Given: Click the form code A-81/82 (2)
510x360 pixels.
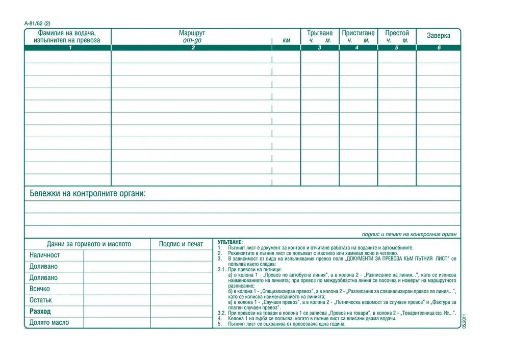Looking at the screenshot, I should point(37,23).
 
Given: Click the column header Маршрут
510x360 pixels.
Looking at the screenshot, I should point(192,33).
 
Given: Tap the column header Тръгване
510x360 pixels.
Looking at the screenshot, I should point(320,33).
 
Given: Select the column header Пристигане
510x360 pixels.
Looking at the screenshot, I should point(358,33).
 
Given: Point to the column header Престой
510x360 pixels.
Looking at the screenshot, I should point(397,33).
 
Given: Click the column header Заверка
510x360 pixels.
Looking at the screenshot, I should point(439,36).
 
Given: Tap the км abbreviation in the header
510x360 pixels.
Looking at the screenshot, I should point(286,40).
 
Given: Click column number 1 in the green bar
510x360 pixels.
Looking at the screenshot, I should point(70,47).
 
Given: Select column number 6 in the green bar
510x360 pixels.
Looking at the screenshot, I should point(439,47).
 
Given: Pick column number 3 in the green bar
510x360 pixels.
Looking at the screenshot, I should point(320,47).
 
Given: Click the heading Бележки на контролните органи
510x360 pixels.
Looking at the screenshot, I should point(87,194).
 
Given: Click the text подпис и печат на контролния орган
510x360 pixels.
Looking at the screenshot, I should point(409,234).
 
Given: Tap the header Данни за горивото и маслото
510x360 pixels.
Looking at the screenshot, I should point(89,244).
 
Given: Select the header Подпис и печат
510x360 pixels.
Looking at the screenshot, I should point(181,244).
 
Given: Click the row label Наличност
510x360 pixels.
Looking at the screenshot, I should point(44,255).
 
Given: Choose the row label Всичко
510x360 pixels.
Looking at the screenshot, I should point(40,289).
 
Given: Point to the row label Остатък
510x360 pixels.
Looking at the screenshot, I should point(41,300).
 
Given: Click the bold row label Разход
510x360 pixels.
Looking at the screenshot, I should point(40,311).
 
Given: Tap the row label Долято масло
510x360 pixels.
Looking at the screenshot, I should point(49,322).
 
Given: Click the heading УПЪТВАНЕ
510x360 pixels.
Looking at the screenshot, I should point(231,242).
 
